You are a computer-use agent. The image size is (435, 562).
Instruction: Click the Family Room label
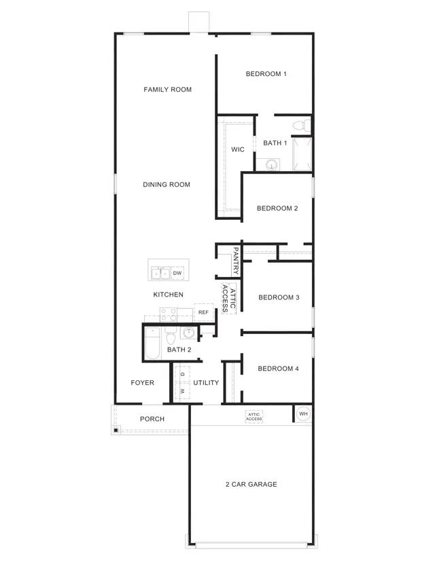point(167,90)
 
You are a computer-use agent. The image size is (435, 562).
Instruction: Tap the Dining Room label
point(167,185)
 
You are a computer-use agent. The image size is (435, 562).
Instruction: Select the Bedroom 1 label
point(266,74)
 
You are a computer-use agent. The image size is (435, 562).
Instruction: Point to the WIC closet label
point(237,149)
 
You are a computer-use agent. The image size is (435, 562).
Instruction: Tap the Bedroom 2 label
point(277,208)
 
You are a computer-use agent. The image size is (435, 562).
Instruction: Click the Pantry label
point(235,260)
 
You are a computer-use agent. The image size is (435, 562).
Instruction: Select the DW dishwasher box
point(177,273)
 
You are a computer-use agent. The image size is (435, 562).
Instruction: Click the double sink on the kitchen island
point(160,273)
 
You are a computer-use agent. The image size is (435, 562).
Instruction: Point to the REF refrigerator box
point(203,313)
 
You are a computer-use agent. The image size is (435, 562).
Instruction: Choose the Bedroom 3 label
point(279,297)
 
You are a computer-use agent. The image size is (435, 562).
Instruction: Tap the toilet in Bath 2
point(171,336)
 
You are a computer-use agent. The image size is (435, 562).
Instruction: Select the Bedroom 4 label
point(278,369)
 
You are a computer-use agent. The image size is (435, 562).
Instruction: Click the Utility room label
point(206,383)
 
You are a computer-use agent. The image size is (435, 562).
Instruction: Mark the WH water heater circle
point(303,413)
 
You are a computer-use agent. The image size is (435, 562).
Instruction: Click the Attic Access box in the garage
point(254,417)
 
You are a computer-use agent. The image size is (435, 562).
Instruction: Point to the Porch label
point(152,419)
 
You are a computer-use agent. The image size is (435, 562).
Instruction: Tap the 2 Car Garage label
point(251,485)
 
